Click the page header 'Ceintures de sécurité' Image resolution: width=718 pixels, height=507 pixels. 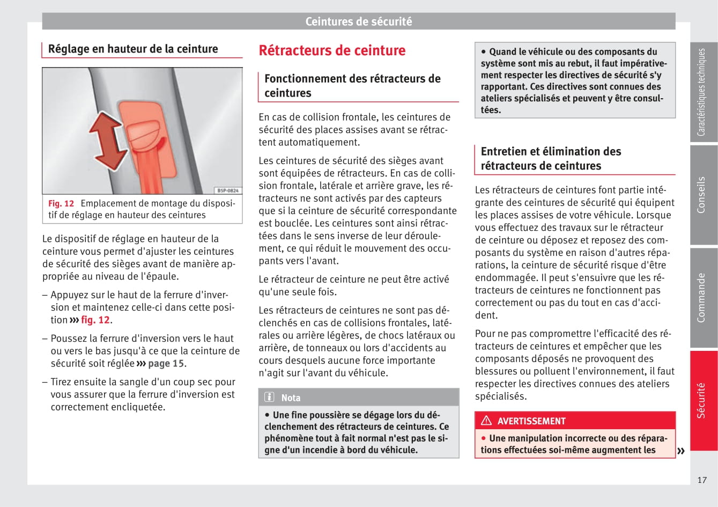pos(358,21)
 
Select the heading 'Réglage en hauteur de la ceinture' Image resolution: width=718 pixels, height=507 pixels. pos(133,49)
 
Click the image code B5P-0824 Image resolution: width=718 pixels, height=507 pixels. pos(227,190)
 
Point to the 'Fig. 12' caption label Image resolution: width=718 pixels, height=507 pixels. pos(61,203)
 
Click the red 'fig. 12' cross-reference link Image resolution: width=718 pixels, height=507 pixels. pos(95,320)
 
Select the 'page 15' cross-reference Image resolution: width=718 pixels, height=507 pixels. pos(166,364)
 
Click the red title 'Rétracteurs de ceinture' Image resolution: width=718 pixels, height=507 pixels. pos(332,50)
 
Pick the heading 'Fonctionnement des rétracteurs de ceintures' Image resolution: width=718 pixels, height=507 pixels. pos(352,85)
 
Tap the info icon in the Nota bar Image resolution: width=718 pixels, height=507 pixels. pos(269,398)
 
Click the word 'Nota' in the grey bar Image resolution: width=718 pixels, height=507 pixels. pos(291,398)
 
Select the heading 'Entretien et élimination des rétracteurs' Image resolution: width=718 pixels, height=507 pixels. pos(551,158)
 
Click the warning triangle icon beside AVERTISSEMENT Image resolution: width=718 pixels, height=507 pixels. pos(486,421)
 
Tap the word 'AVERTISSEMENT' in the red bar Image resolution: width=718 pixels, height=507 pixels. pos(531,421)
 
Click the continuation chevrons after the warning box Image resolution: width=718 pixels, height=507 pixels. pos(681,451)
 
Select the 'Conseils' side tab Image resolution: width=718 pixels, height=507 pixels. pos(702,195)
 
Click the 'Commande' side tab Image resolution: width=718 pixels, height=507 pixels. pos(702,298)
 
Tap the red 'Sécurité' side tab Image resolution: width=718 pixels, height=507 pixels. pos(702,400)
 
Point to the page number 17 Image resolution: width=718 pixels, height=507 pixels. pos(702,480)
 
